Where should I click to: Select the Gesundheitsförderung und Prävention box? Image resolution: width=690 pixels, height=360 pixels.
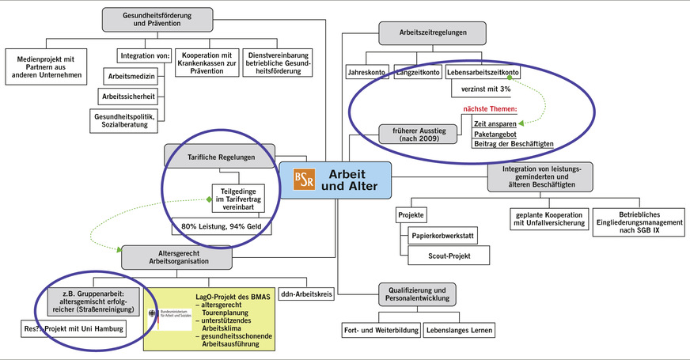(157, 20)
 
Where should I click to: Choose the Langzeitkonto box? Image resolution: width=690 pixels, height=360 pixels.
(416, 73)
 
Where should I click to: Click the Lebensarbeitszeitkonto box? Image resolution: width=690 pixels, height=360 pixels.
(482, 73)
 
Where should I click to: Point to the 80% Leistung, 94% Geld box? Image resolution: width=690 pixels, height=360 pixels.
(220, 227)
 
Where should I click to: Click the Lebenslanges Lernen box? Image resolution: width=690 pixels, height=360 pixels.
(459, 329)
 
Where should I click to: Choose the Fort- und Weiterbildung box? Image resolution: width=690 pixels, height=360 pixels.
(381, 329)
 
